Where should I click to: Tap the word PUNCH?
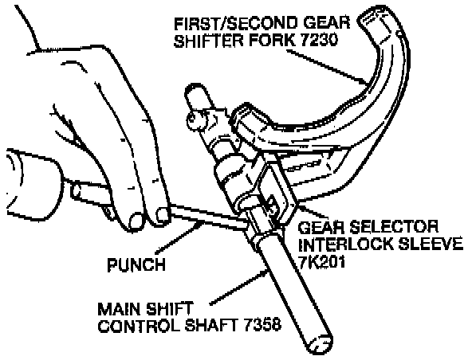click(136, 265)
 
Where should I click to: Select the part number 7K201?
click(321, 262)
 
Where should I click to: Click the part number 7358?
click(262, 325)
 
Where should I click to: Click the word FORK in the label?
click(273, 40)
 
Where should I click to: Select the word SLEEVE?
click(431, 245)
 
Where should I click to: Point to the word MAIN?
click(120, 309)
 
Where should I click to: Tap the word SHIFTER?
click(210, 40)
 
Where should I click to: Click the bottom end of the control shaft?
click(320, 344)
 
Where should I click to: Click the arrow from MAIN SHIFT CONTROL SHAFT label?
click(239, 288)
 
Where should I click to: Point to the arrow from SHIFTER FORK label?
click(327, 67)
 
